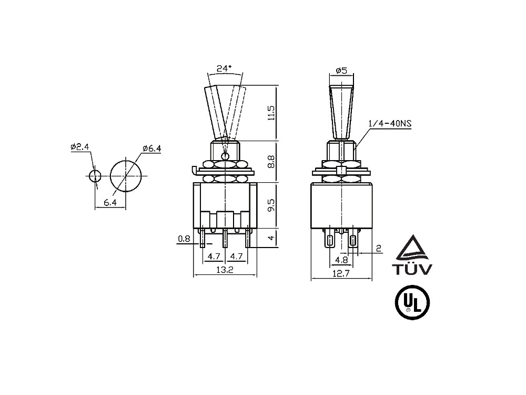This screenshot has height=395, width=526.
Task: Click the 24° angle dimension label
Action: pos(224,68)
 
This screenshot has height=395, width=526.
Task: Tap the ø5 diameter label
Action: pos(341,71)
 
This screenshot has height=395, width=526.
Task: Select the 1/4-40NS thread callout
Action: pos(390,124)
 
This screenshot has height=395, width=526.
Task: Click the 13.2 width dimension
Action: pos(225,269)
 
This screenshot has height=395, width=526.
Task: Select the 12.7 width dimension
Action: pos(341,273)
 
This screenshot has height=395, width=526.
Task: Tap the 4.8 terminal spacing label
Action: pos(341,260)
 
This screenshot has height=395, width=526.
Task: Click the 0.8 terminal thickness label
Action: pos(184,239)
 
